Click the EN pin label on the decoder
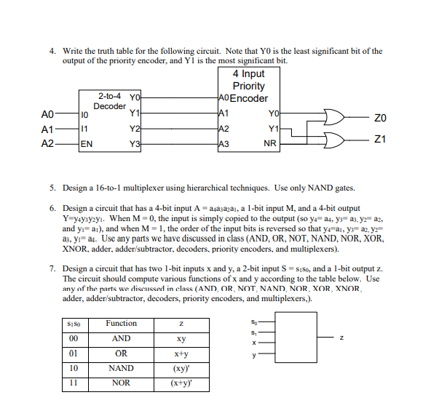coord(87,143)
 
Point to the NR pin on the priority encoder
coord(270,143)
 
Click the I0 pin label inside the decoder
coord(84,114)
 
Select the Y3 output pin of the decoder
coord(133,143)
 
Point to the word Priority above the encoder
coord(248,86)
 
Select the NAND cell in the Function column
coord(121,368)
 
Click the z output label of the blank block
coord(340,337)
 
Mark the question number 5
coord(52,187)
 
